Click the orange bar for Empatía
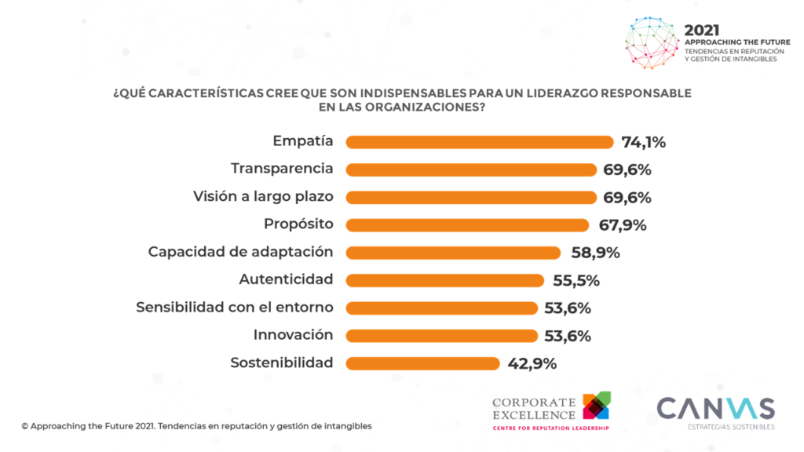[479, 142]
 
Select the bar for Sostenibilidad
[422, 363]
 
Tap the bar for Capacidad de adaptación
[453, 253]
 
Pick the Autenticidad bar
[444, 280]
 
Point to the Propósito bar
[467, 225]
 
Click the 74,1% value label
[643, 142]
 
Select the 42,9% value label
[532, 363]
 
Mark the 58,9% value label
[594, 253]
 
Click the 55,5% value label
[576, 280]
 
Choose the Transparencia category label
[282, 169]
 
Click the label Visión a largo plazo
[263, 196]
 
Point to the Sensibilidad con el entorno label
[235, 307]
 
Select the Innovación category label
[293, 335]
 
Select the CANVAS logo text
[715, 409]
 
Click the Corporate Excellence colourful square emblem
[597, 406]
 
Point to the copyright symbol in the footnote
[25, 426]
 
